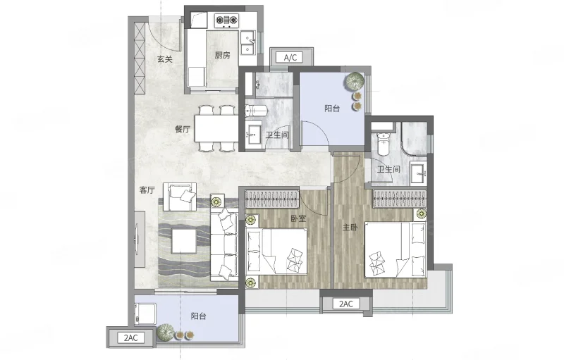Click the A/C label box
coord(290,58)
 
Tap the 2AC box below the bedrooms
coord(346,304)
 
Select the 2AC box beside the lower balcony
coord(130,337)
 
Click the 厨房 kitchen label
coord(222,55)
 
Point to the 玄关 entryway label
coord(165,59)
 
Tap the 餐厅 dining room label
coord(183,129)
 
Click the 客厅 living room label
coord(147,190)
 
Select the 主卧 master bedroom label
coord(350,227)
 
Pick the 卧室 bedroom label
coord(298,218)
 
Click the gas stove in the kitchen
coord(227,20)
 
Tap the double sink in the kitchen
coord(247,43)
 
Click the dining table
coord(216,128)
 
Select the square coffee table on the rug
coord(184,241)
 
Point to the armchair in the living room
coord(180,197)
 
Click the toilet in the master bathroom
coord(384,144)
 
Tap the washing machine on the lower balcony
coord(145,314)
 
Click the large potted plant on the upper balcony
coord(355,82)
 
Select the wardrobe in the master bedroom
coord(400,199)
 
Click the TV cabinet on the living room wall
coord(140,239)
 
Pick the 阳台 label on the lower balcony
coord(198,316)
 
